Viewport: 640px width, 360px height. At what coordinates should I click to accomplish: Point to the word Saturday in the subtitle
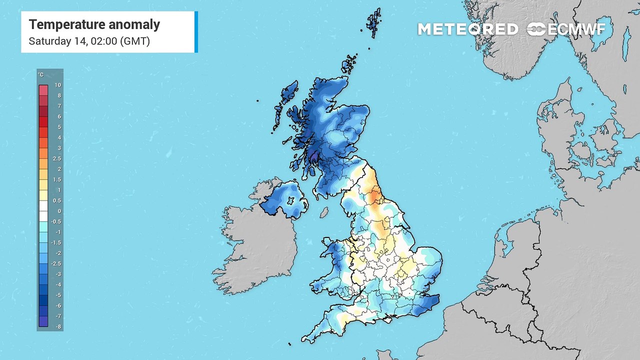click(49, 41)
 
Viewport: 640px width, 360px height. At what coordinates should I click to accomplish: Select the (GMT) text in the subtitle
click(134, 41)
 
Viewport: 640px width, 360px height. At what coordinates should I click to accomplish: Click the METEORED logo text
click(467, 29)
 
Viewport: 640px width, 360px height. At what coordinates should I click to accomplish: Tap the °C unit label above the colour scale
click(40, 75)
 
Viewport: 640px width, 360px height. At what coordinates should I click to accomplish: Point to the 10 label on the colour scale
click(58, 85)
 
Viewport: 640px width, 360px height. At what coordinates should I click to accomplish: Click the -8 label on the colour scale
click(58, 326)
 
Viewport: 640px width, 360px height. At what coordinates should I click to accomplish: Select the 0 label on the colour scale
click(59, 211)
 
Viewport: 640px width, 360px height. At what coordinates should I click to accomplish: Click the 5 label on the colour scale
click(59, 127)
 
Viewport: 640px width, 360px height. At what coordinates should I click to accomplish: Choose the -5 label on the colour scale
click(58, 295)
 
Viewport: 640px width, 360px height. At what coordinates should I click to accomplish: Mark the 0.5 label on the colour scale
click(58, 200)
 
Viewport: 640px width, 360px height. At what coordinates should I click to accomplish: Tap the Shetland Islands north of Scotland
click(373, 22)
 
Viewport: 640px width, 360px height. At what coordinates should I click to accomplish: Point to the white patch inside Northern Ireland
click(289, 199)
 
